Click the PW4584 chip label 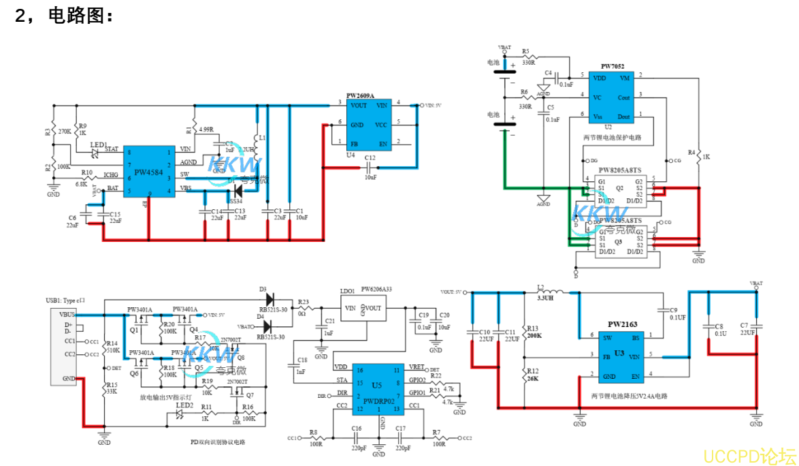point(148,173)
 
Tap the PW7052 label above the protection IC point(613,66)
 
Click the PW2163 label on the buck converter point(622,324)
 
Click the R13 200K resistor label point(533,332)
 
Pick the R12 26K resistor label point(533,375)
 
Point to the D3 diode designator point(262,289)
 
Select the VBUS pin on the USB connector point(68,315)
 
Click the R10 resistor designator point(87,173)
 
